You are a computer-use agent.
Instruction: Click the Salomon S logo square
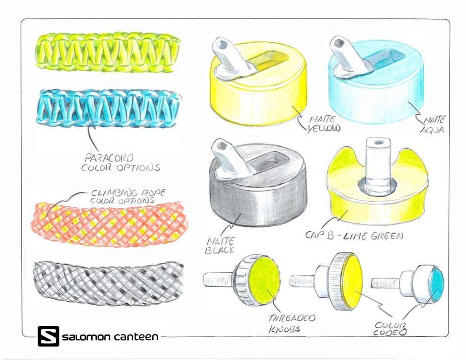pos(49,336)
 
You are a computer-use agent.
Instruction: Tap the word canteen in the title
pos(136,336)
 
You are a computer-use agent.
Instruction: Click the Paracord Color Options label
pos(121,163)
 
